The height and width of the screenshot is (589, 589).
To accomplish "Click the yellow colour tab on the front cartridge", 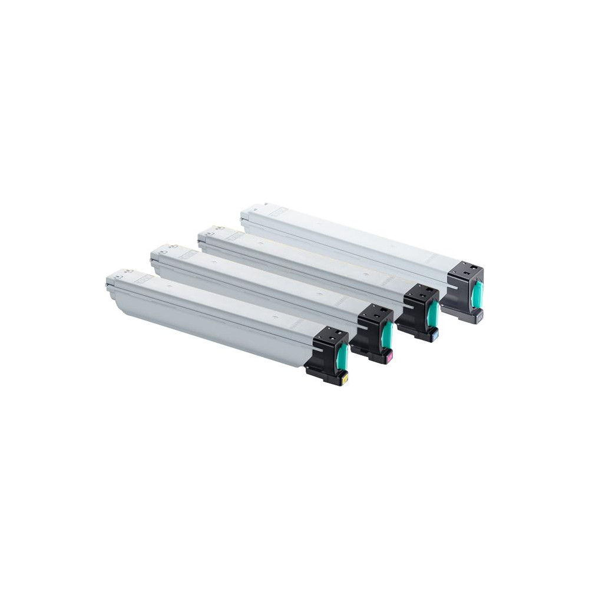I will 345,377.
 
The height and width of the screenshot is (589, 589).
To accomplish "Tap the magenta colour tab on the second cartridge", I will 389,357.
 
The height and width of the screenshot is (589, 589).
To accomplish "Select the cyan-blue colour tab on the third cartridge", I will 434,336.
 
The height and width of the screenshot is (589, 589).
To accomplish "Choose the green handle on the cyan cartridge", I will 434,316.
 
